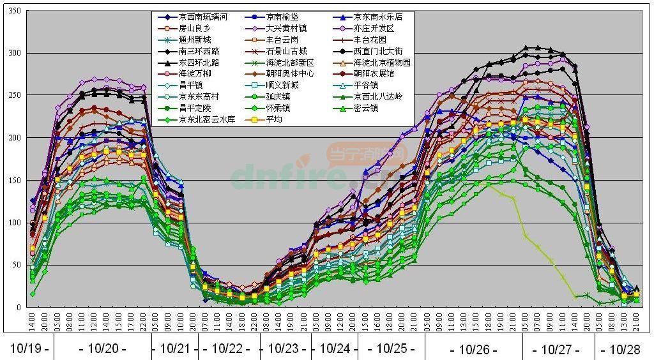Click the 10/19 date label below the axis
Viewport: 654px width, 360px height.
pos(27,349)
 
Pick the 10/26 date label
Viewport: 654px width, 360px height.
pos(473,349)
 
